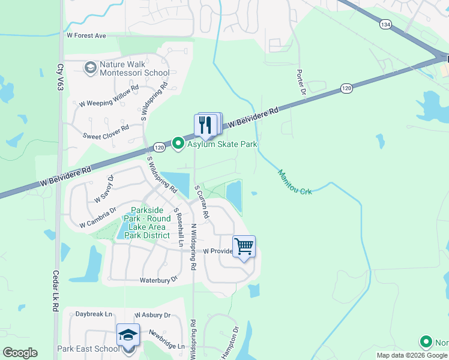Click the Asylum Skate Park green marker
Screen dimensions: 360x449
[x=178, y=143]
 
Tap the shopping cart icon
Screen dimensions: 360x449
[x=244, y=246]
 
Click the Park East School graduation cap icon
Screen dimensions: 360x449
[x=128, y=335]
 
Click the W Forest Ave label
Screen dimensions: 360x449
[x=86, y=36]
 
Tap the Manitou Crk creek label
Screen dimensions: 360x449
[x=295, y=182]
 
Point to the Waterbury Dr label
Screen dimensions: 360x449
[x=159, y=280]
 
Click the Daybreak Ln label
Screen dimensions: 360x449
[x=94, y=314]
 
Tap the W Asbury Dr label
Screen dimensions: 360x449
[x=152, y=315]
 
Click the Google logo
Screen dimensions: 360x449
[x=20, y=353]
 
